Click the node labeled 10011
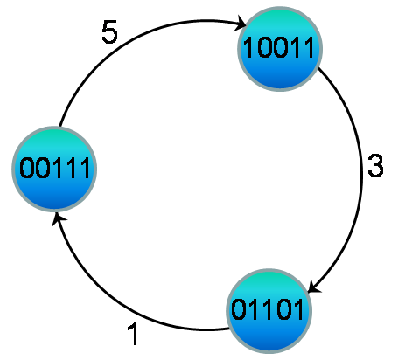click(280, 49)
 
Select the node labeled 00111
click(54, 169)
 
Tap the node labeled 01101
click(269, 311)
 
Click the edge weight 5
click(109, 31)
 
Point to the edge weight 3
click(375, 165)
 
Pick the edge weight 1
click(134, 334)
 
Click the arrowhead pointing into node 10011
click(241, 24)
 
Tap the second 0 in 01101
click(283, 309)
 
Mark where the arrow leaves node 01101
click(230, 329)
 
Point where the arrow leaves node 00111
click(59, 127)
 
